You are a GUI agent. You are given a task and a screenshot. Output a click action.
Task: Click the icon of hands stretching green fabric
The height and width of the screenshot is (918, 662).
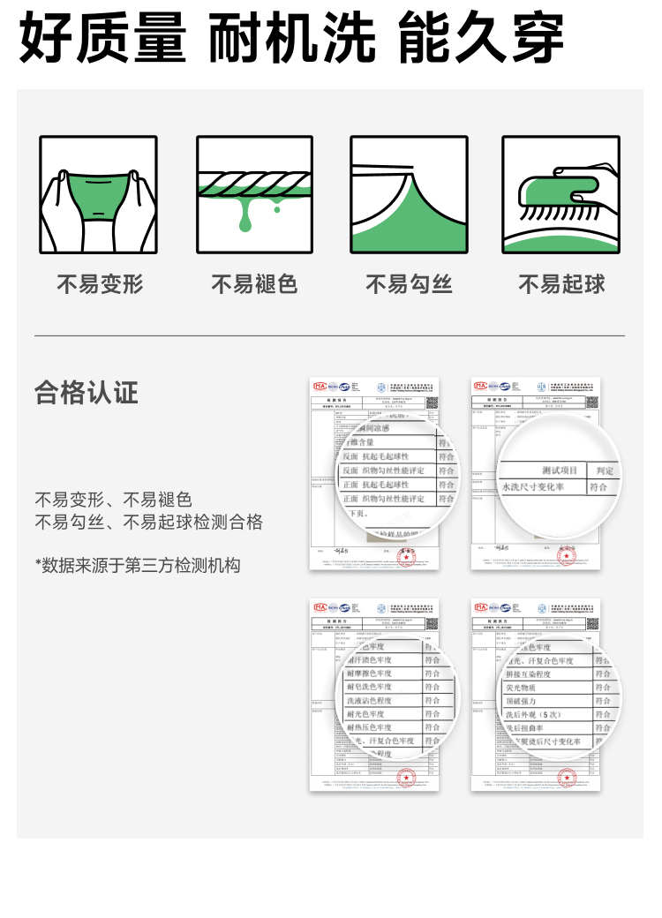[x=98, y=195]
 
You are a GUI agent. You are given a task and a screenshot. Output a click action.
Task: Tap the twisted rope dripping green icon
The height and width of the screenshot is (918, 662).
[x=254, y=195]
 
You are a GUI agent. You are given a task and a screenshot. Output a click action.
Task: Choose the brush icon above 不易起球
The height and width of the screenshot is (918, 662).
[x=561, y=195]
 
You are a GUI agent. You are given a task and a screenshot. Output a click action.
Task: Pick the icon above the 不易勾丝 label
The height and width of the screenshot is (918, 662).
[x=409, y=195]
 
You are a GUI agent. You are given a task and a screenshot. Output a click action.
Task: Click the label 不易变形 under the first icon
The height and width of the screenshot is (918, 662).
[x=100, y=284]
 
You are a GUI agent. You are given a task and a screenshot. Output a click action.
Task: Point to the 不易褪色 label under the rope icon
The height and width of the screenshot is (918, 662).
[x=254, y=284]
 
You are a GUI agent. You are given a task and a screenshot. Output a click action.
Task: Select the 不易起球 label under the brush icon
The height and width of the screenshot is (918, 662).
[x=561, y=284]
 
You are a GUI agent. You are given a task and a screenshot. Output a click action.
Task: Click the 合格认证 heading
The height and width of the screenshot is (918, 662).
[x=87, y=392]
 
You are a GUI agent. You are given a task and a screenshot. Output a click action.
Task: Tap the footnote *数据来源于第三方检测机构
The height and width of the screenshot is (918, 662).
[x=138, y=565]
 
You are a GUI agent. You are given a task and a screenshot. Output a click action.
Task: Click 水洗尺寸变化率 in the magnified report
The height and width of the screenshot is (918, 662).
[x=533, y=487]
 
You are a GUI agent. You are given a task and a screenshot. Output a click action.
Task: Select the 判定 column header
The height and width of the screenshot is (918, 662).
[x=605, y=470]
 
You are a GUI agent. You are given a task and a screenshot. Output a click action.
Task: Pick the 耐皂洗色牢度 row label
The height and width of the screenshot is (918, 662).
[x=368, y=687]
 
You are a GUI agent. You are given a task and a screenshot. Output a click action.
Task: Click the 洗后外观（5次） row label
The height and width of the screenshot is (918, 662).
[x=533, y=714]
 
